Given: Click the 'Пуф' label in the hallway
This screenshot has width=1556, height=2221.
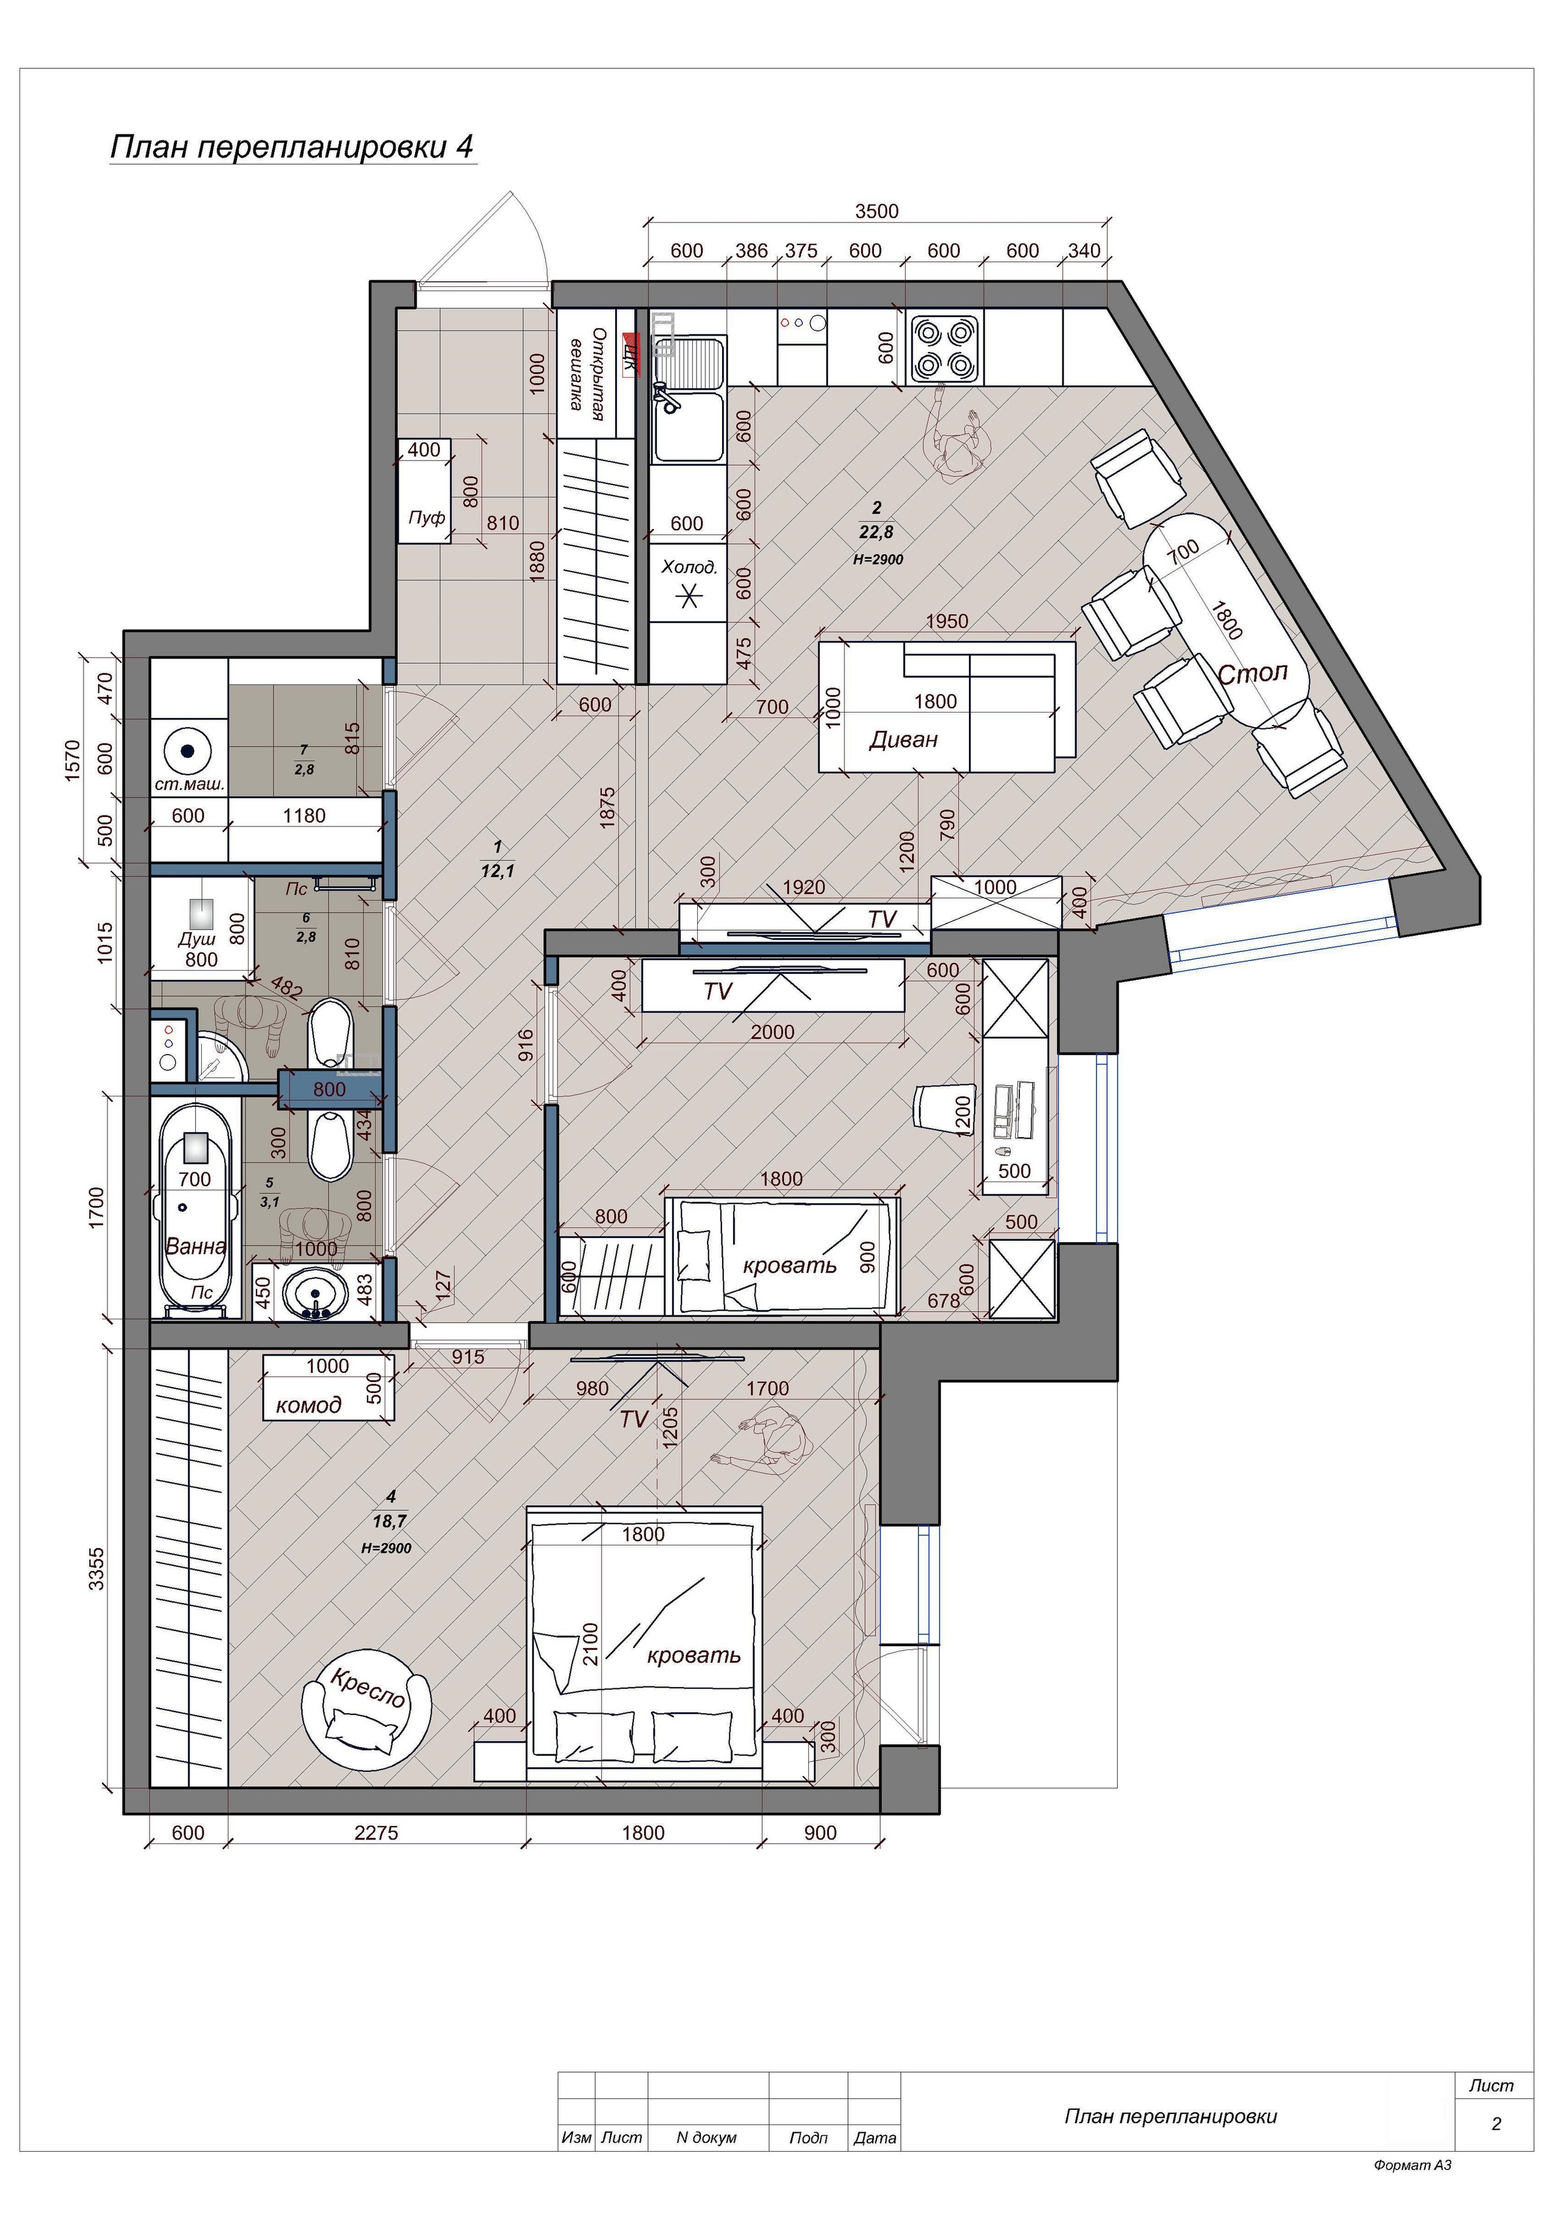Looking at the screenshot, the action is [x=427, y=518].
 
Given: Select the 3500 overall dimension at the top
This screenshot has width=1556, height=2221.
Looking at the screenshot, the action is [x=876, y=211].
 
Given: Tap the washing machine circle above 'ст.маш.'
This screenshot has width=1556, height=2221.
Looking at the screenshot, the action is [x=188, y=750].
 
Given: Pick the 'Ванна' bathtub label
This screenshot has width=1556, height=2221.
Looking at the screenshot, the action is [x=196, y=1246].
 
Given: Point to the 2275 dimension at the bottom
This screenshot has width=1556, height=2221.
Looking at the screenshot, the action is [x=376, y=1832].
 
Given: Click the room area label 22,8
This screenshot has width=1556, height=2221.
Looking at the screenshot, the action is [x=876, y=531].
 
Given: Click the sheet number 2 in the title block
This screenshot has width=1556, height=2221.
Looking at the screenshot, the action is [x=1496, y=2124].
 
